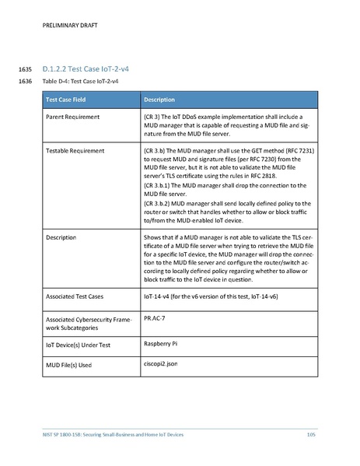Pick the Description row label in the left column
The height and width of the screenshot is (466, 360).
61,235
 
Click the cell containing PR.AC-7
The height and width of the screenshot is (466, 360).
156,318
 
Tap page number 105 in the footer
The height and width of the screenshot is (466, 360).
310,433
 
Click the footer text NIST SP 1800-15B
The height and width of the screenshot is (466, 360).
62,433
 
